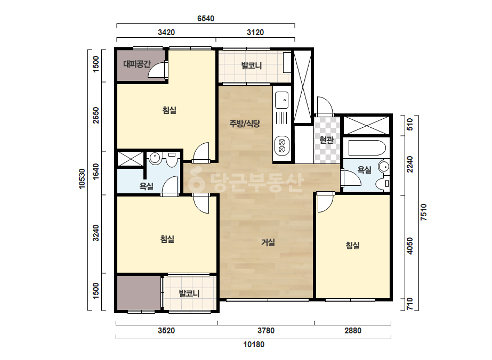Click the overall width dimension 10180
tap(254, 345)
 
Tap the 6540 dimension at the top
tap(206, 19)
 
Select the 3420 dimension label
tap(166, 32)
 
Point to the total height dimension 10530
tap(82, 179)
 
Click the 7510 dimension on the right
tap(424, 212)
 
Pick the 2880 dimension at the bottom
tap(353, 331)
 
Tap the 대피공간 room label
tap(137, 64)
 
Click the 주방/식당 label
tap(245, 124)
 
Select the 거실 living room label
tap(268, 242)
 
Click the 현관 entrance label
tap(326, 140)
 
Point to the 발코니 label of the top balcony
tap(252, 66)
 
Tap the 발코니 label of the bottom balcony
tap(189, 293)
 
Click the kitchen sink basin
tap(282, 100)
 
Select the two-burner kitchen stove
tap(282, 146)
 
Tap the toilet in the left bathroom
tap(172, 159)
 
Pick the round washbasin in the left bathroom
tap(155, 158)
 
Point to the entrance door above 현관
tap(325, 106)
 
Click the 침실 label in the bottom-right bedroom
tap(353, 245)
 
